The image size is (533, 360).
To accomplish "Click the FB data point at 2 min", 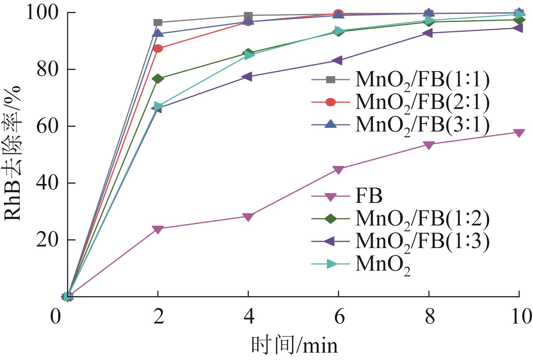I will click(158, 229).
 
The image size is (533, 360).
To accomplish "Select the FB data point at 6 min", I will click(339, 169).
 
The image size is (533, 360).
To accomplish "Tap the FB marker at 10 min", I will click(519, 133).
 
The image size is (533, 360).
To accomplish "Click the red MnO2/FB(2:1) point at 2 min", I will click(158, 48).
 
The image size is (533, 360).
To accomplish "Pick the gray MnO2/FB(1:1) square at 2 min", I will click(158, 23).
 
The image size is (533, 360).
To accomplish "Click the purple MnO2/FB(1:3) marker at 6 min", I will click(338, 61).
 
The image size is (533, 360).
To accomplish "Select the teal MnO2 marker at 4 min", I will click(249, 55).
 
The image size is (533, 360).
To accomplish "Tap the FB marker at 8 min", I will click(429, 145).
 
